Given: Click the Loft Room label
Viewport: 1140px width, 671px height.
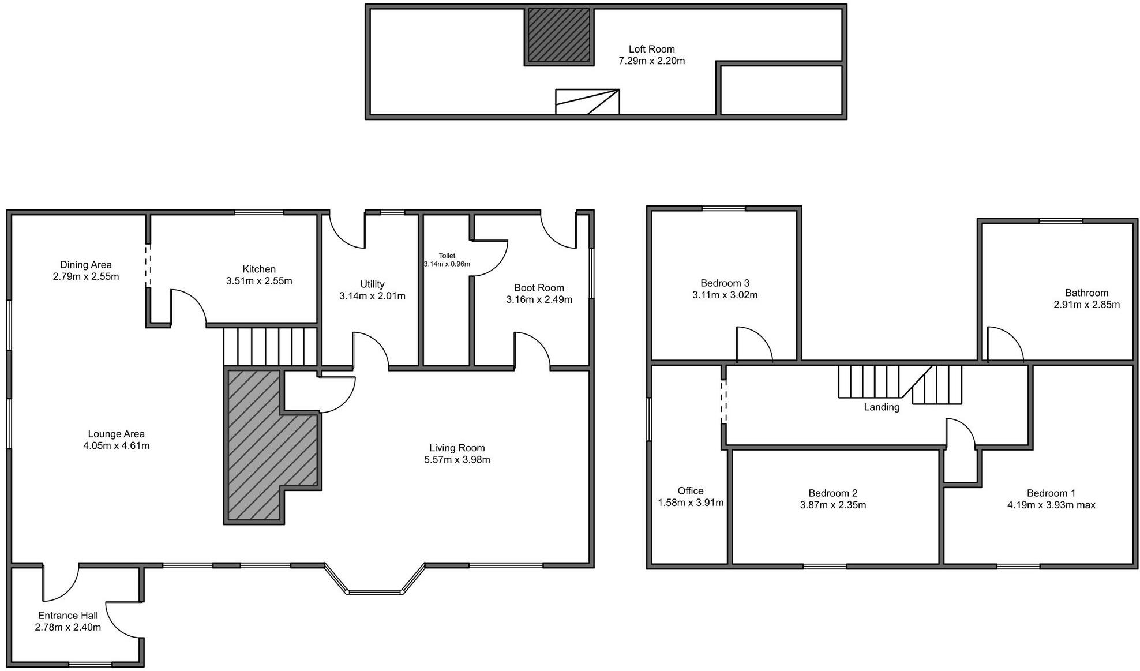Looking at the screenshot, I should pyautogui.click(x=651, y=49).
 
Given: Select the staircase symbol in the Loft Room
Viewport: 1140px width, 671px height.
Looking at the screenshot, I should pyautogui.click(x=587, y=102).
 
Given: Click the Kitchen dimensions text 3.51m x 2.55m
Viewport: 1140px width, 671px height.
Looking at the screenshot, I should pyautogui.click(x=259, y=281).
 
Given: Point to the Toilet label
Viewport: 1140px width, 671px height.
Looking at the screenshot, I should pyautogui.click(x=447, y=256).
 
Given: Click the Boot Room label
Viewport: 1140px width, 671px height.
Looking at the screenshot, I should pyautogui.click(x=539, y=287).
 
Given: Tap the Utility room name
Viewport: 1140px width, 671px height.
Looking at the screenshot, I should pyautogui.click(x=372, y=284).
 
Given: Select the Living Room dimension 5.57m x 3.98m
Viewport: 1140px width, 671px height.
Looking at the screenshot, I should pyautogui.click(x=457, y=460).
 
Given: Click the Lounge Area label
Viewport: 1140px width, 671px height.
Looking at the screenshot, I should pyautogui.click(x=116, y=434).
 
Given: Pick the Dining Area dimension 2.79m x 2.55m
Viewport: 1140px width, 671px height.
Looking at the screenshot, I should pyautogui.click(x=86, y=276).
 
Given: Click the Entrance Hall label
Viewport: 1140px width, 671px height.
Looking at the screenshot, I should pyautogui.click(x=67, y=616).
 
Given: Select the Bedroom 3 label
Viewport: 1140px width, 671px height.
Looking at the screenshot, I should pyautogui.click(x=725, y=283).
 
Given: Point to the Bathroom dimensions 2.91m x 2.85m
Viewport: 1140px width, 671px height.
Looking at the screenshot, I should pyautogui.click(x=1086, y=305).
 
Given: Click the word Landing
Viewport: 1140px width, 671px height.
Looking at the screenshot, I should pyautogui.click(x=881, y=407).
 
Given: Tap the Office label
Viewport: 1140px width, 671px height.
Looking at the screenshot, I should pyautogui.click(x=690, y=490).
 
